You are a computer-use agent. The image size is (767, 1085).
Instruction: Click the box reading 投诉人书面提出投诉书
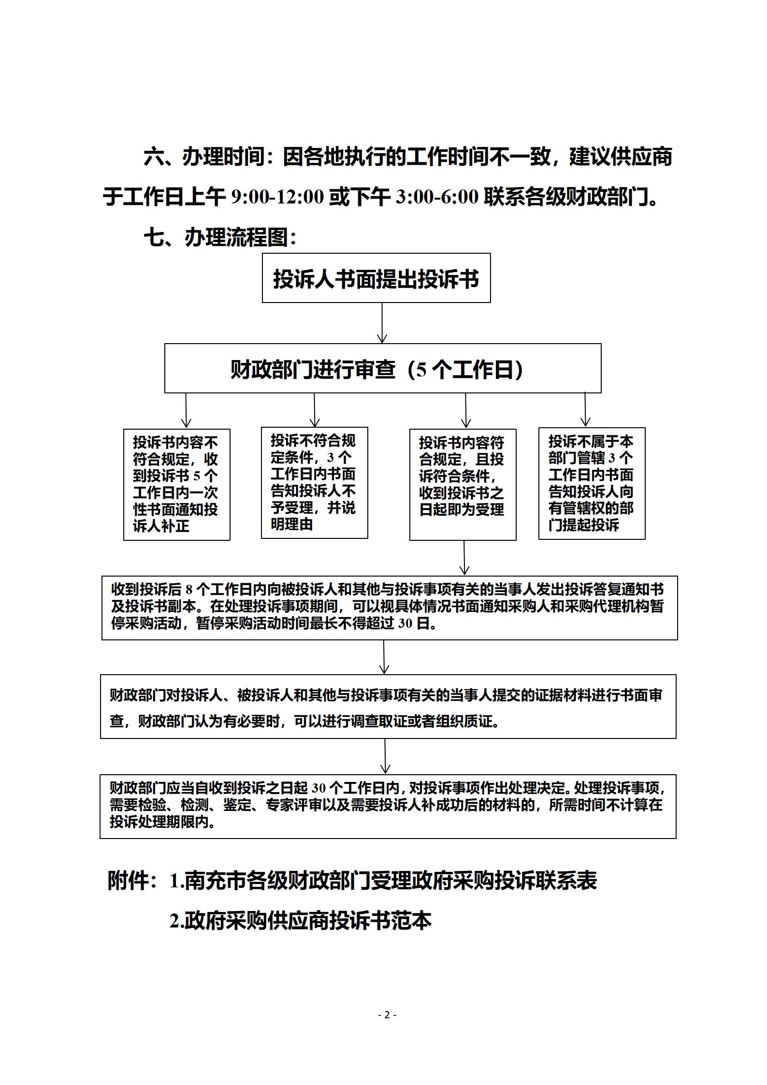coord(376,278)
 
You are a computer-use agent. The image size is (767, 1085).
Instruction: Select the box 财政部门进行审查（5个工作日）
coord(383,368)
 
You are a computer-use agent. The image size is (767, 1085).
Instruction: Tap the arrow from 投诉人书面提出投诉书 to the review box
coord(382,323)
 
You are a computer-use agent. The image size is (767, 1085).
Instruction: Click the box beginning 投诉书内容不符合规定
coord(176,484)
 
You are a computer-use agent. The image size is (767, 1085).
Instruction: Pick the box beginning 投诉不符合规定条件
coord(314,483)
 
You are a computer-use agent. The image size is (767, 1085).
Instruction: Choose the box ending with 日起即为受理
coord(463,484)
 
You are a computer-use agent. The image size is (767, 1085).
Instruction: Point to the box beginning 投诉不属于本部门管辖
coord(592,483)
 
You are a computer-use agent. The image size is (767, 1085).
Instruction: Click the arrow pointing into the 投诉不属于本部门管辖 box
coord(585,410)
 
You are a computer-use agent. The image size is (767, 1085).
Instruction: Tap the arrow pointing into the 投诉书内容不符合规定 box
coord(186,411)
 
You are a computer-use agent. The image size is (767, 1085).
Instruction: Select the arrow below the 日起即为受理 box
coord(464,558)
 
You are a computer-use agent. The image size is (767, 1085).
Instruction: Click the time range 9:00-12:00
coord(277,197)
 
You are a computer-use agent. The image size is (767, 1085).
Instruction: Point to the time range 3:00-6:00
coord(437,197)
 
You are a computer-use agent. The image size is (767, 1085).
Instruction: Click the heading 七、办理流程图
coord(220,238)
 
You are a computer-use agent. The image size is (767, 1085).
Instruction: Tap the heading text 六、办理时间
coord(205,158)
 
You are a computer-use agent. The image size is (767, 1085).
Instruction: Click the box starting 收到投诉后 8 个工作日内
coord(390,608)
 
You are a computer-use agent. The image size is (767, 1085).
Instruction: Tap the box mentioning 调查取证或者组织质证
coord(388,706)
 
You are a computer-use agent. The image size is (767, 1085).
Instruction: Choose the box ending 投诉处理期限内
coord(388,806)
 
